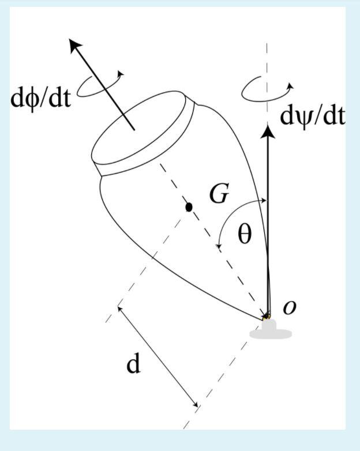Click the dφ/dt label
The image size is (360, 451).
(40, 98)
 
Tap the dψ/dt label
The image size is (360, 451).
(312, 116)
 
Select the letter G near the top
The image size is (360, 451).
(219, 195)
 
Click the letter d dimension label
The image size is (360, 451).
(133, 364)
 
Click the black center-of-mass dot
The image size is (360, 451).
(189, 206)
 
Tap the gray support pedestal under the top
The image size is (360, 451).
(270, 330)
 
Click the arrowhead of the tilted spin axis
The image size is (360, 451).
(74, 44)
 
